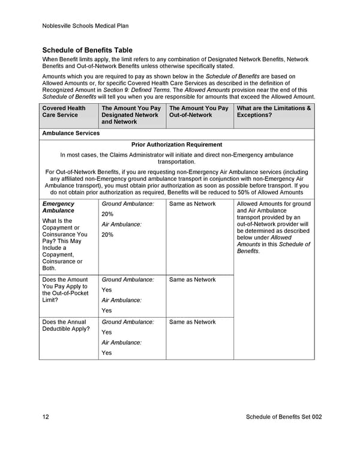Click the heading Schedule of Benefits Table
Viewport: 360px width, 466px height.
87,50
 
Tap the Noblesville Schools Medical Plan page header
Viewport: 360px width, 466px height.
85,26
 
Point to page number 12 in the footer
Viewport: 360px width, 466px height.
46,417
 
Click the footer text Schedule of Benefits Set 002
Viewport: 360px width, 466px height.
284,417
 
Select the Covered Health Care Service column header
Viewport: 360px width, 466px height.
64,112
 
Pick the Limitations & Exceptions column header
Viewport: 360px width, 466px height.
274,112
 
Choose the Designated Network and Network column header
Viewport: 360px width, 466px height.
131,115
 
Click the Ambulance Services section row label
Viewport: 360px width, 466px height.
71,133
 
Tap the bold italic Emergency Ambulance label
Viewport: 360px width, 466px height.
58,207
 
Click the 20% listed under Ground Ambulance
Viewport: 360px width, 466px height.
108,214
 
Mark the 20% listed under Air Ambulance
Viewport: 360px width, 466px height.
108,235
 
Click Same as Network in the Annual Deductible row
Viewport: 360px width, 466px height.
193,322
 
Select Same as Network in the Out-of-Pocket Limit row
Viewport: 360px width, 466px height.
193,280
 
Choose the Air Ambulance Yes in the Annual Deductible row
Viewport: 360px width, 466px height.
107,353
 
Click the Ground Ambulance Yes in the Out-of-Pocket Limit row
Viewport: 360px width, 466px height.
107,290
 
